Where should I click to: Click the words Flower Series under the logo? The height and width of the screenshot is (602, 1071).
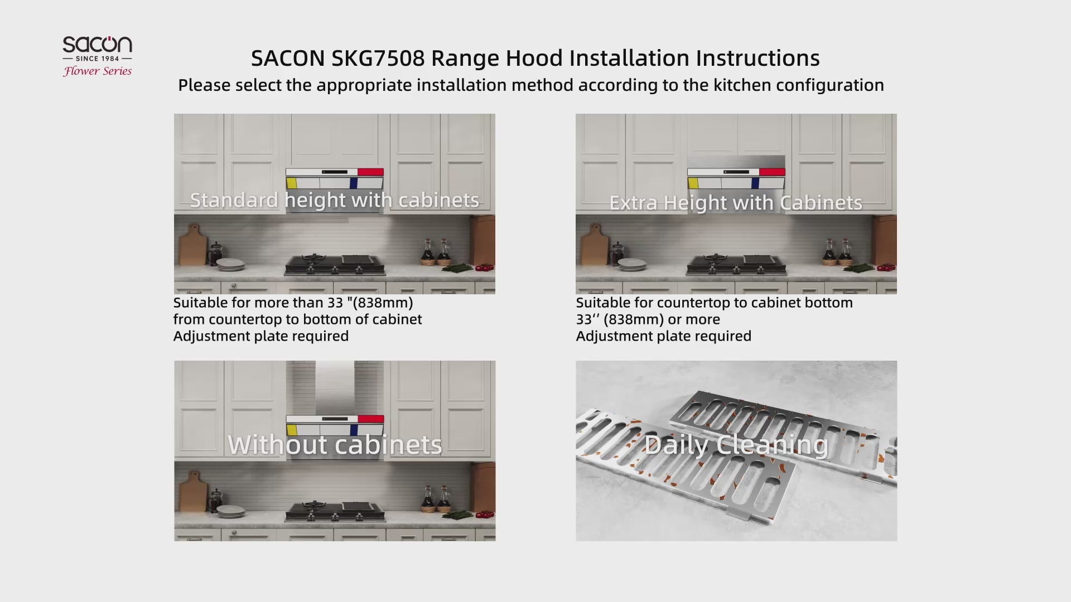(98, 71)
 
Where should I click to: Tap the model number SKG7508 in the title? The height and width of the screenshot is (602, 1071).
(378, 58)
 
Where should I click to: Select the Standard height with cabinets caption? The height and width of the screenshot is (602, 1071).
(334, 200)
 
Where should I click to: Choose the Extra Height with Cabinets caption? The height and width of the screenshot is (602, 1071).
(736, 203)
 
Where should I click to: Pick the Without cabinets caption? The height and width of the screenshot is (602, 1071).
(335, 445)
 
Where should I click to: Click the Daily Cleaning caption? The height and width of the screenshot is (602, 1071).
(736, 445)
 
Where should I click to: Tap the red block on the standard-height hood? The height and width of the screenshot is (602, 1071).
(370, 172)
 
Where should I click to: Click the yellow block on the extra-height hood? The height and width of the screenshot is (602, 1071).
(693, 183)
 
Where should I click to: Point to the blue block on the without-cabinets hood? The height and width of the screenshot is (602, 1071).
(353, 430)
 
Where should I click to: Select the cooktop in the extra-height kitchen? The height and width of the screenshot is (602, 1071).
(736, 265)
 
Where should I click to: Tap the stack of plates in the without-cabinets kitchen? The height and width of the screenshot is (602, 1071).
(230, 511)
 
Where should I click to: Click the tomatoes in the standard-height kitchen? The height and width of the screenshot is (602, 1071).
(485, 268)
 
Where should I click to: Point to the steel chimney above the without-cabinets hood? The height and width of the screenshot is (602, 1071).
(335, 388)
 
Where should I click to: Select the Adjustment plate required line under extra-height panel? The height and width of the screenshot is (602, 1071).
(664, 336)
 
